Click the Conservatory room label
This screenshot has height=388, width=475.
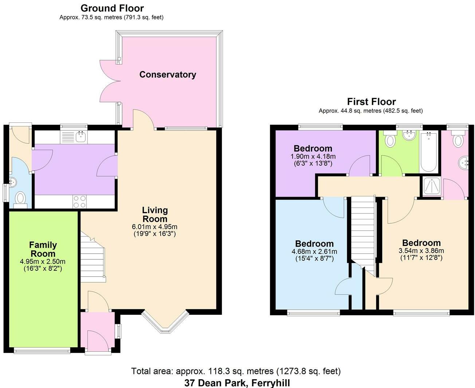pos(168,75)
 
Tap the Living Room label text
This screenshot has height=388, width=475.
pos(155,215)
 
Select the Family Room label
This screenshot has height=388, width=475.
pos(43,249)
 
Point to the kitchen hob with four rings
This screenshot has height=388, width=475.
pos(79,201)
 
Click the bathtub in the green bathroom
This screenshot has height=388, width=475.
pos(429,153)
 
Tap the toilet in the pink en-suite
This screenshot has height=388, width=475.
pos(458,140)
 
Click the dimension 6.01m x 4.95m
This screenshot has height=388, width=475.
pos(154,227)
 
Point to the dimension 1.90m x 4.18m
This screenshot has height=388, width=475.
pos(313,156)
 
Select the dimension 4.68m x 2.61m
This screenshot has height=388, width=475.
pos(314,251)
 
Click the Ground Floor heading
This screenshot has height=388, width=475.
pos(112,8)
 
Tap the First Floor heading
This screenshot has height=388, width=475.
pos(371,102)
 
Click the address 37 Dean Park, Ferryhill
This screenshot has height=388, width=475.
pos(237,383)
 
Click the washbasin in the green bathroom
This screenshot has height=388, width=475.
pos(410,136)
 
